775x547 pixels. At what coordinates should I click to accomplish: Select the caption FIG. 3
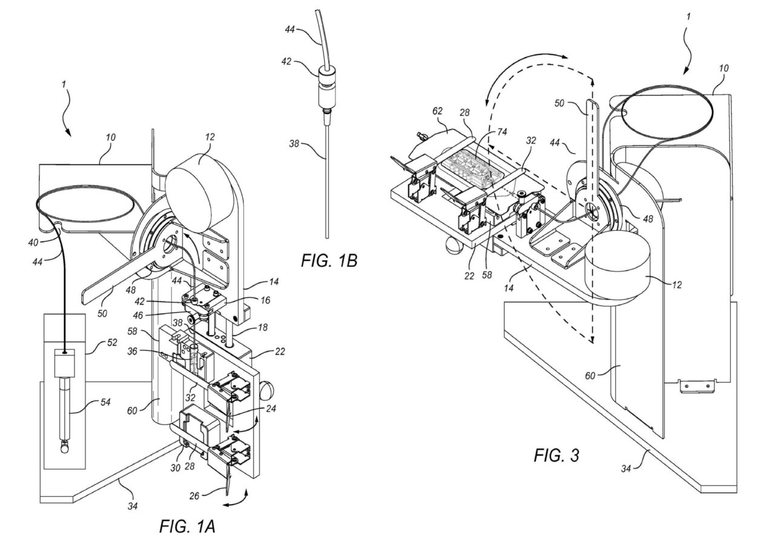click(x=556, y=456)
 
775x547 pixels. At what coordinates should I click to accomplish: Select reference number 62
click(x=438, y=111)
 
